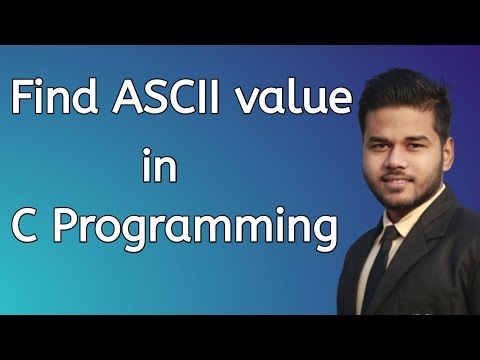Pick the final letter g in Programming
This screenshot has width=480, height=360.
[x=320, y=235]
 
